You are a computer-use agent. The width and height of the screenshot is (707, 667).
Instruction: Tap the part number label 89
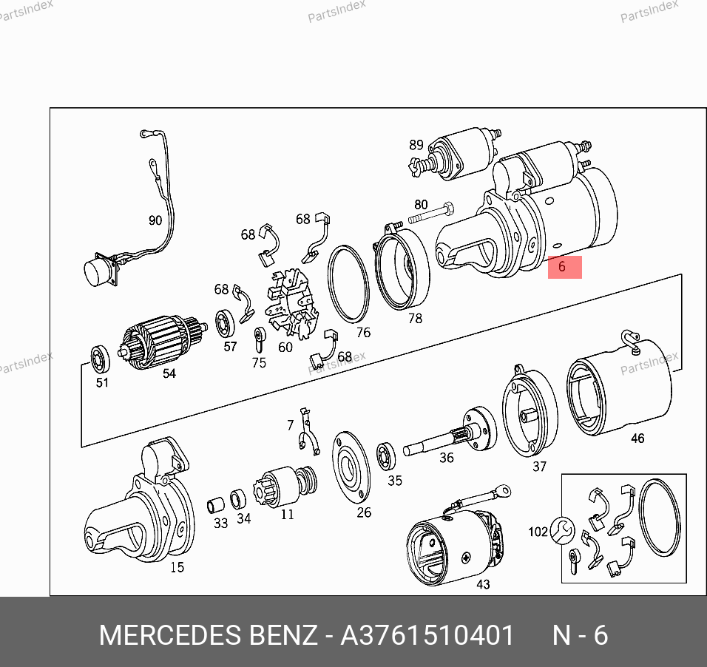pyautogui.click(x=416, y=145)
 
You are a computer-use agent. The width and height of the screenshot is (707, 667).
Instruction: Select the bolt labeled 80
pyautogui.click(x=431, y=213)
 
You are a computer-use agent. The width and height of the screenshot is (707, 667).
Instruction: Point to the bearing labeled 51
pyautogui.click(x=100, y=359)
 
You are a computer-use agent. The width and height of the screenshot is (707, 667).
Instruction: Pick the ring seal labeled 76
pyautogui.click(x=348, y=284)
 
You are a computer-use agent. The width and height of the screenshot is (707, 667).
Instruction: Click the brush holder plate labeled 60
pyautogui.click(x=292, y=304)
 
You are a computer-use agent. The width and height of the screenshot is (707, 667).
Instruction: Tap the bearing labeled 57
pyautogui.click(x=225, y=323)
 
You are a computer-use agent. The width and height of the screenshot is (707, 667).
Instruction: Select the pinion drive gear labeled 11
pyautogui.click(x=285, y=486)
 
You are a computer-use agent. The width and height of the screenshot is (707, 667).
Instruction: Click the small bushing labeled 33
pyautogui.click(x=215, y=506)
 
